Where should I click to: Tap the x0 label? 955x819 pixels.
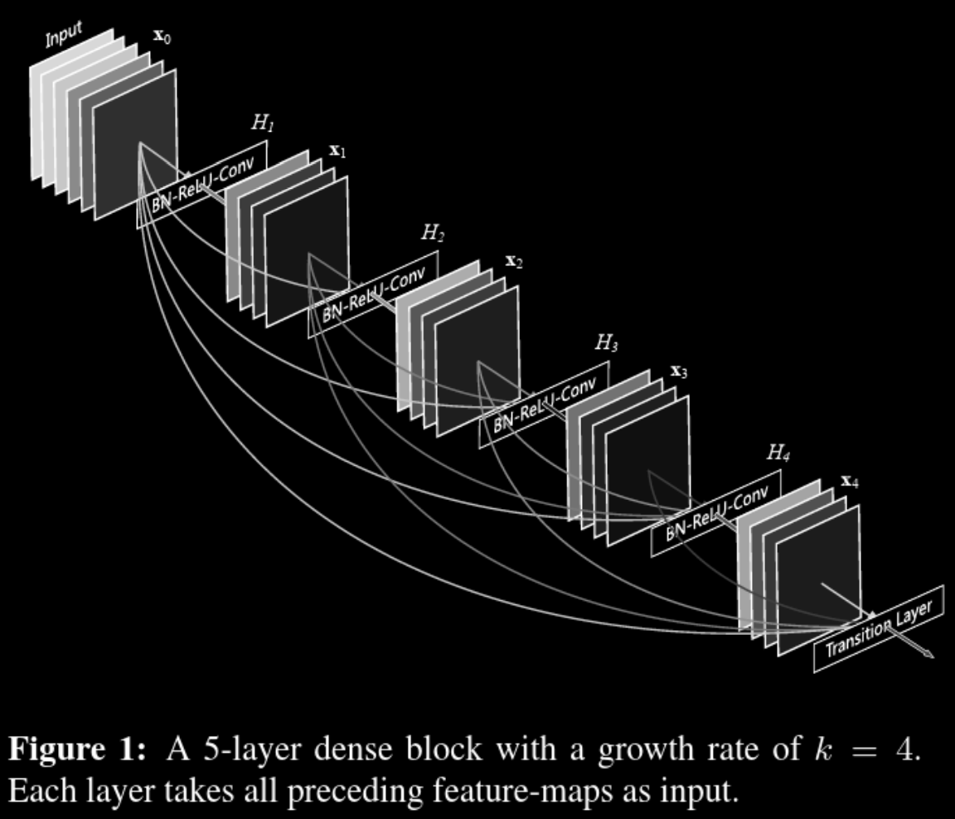coord(162,37)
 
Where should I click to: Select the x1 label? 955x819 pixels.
coord(337,151)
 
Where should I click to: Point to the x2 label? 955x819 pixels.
coord(514,262)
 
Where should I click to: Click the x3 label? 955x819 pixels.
coord(679,371)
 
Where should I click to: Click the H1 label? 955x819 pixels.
coord(262,124)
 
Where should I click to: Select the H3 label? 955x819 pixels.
coord(606,343)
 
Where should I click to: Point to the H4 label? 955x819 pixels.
coord(778,453)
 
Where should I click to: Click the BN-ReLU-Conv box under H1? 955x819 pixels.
coord(203,184)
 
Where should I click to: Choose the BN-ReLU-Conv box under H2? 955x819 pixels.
coord(374,294)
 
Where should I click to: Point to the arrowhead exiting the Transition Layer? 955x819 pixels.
coord(928,654)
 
